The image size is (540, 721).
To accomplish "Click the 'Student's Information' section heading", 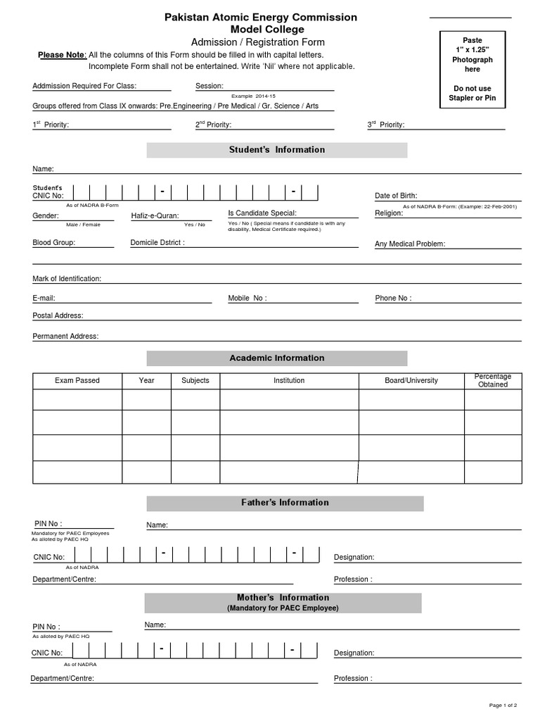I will tap(277, 150).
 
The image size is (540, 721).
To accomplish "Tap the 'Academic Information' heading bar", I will tap(277, 358).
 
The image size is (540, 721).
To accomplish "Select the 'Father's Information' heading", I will tap(285, 503).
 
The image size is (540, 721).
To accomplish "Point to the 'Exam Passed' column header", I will tap(77, 380).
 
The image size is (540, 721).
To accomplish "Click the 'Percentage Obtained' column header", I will tap(493, 380).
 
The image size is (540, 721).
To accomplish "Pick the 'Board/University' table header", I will tap(411, 380).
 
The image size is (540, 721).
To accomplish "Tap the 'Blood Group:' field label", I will tap(53, 242).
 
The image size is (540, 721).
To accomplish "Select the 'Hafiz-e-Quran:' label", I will tap(155, 215).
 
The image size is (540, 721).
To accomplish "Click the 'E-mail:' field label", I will tap(44, 299).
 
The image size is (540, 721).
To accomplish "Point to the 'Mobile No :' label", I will tap(247, 299).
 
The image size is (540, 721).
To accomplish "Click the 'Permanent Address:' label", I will tap(65, 337).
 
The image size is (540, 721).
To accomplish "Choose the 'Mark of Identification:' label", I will tap(67, 279).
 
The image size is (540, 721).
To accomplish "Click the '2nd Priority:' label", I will tap(213, 125).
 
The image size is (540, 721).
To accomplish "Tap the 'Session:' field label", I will tap(209, 87).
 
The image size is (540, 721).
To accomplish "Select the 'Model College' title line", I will tap(261, 30).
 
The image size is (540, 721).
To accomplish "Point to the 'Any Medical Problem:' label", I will tap(410, 244).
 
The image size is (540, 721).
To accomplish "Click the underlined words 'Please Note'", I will tap(61, 55).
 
